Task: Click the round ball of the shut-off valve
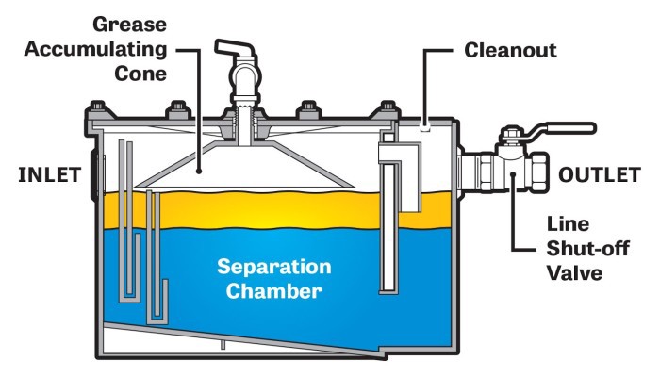pos(510,171)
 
